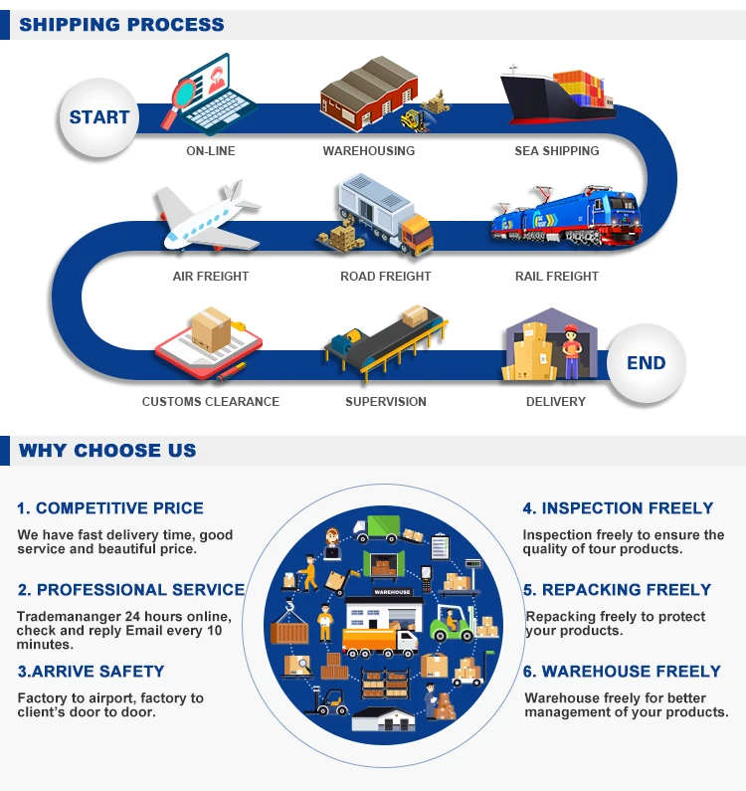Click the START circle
[x=99, y=117]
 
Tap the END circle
[x=646, y=363]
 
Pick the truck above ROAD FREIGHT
[x=383, y=219]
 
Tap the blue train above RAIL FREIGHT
[x=565, y=218]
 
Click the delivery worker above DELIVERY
[x=570, y=350]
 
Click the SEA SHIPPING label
[x=557, y=151]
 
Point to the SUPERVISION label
[x=386, y=402]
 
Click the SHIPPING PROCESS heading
[x=121, y=25]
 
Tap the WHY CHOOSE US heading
[x=107, y=451]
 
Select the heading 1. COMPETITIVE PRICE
[x=110, y=508]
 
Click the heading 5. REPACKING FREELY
[x=618, y=590]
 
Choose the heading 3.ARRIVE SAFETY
[x=91, y=672]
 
